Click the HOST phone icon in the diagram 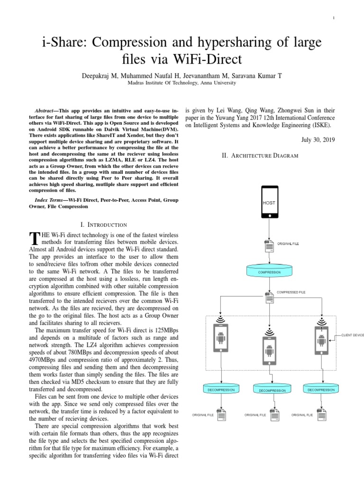click(x=269, y=203)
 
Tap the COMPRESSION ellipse click(x=269, y=272)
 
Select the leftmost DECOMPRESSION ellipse click(x=221, y=390)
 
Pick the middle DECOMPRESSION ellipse click(x=272, y=390)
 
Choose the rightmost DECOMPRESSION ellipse click(x=321, y=390)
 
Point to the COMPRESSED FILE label click(x=291, y=292)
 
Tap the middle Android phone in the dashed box click(x=269, y=350)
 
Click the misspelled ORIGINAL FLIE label click(x=301, y=415)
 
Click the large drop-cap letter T click(x=34, y=237)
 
